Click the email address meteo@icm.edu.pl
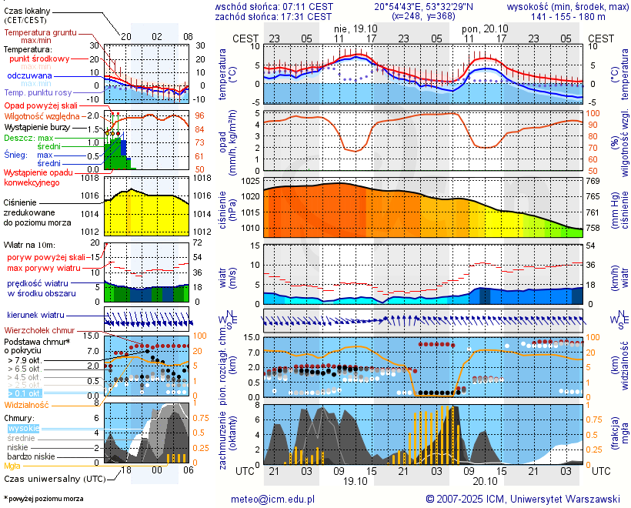pos(272,499)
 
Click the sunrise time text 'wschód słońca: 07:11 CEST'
pos(274,6)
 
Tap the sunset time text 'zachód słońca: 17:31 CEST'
pos(274,16)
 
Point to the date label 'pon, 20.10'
pos(481,27)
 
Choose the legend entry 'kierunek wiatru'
pos(35,316)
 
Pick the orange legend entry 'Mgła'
pos(12,466)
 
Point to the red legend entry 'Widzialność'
pos(27,404)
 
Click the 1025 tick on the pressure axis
pos(249,181)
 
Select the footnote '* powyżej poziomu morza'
pos(43,499)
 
